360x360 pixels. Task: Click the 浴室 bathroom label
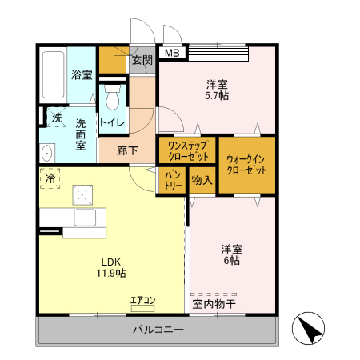pyautogui.click(x=82, y=75)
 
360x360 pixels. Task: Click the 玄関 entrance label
pyautogui.click(x=142, y=59)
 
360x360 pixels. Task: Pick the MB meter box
pyautogui.click(x=172, y=54)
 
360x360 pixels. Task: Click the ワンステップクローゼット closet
pyautogui.click(x=187, y=150)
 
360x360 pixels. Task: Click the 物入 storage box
pyautogui.click(x=202, y=181)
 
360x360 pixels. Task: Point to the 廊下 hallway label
pyautogui.click(x=126, y=150)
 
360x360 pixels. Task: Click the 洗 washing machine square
pyautogui.click(x=56, y=118)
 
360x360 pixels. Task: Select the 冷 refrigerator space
pyautogui.click(x=50, y=178)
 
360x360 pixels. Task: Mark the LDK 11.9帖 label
pyautogui.click(x=112, y=267)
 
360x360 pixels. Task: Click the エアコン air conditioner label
pyautogui.click(x=144, y=301)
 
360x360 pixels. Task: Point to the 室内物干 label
pyautogui.click(x=214, y=303)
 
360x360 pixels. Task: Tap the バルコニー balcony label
pyautogui.click(x=158, y=330)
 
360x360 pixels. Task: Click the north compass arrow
pyautogui.click(x=312, y=329)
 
